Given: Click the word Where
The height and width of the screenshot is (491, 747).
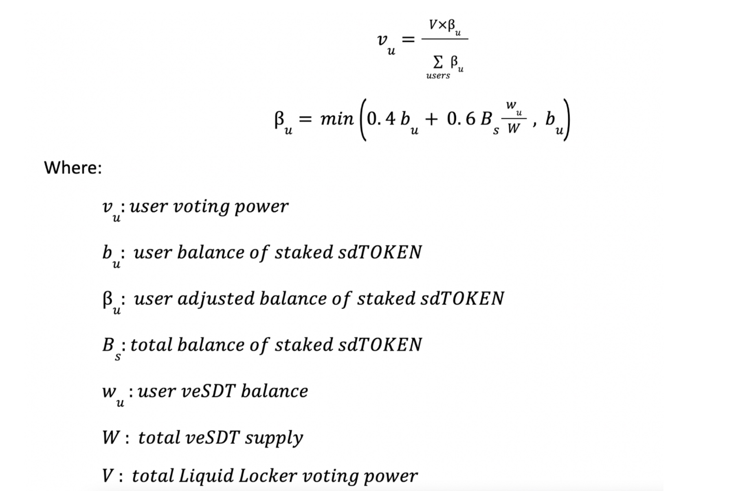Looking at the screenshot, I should pos(73,168).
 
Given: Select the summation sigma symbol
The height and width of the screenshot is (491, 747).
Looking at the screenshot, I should pos(437,62).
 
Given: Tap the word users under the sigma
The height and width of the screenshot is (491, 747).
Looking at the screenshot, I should pos(438,76).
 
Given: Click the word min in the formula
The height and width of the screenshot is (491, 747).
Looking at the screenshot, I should pos(337,119).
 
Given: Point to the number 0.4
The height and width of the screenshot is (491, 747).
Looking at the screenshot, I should pos(381,119).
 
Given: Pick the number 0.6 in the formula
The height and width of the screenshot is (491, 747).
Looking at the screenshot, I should pos(461,119).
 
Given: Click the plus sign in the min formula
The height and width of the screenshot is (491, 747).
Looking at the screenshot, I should pos(431,119).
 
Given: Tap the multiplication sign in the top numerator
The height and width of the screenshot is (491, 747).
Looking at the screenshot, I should pos(442,25).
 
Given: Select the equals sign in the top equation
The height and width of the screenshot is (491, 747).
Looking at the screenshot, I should pos(408,39).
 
